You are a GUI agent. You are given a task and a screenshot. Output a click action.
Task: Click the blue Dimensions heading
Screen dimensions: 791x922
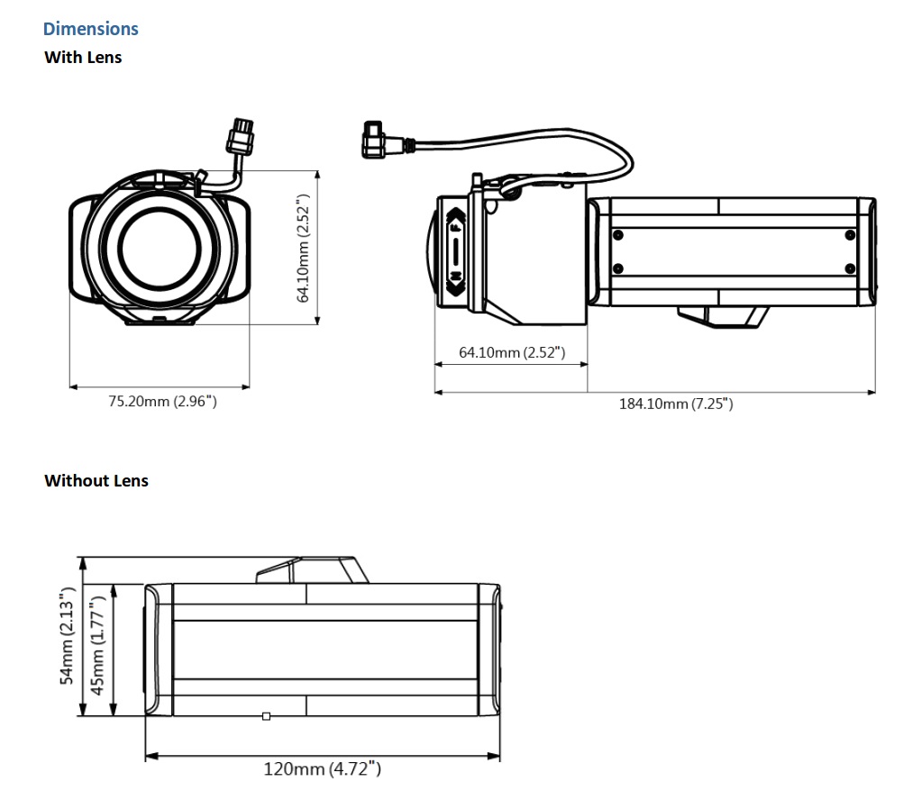[x=91, y=29]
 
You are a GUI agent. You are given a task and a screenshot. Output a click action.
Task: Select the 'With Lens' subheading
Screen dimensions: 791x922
[x=83, y=58]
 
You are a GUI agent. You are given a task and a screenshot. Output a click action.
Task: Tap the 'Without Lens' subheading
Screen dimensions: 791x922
[x=96, y=481]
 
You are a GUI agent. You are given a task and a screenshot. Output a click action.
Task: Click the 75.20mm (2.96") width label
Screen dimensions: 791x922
[x=162, y=401]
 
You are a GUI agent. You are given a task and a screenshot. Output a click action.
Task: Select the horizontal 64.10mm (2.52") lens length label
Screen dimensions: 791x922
[x=512, y=351]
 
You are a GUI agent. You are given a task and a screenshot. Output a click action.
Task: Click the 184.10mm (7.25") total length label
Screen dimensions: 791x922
[x=676, y=404]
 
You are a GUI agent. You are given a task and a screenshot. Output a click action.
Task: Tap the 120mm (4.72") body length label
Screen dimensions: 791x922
[x=322, y=768]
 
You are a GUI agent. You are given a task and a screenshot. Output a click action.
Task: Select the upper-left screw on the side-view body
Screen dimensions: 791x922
[x=617, y=235]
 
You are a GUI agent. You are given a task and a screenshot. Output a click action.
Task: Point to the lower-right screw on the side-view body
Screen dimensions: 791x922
[x=849, y=268]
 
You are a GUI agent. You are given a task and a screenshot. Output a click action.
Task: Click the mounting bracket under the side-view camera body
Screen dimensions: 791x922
[x=723, y=316]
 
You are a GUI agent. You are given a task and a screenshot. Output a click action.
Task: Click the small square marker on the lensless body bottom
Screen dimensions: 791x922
[x=265, y=716]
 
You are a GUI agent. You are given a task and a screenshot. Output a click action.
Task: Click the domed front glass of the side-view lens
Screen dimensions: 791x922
[x=430, y=252]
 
